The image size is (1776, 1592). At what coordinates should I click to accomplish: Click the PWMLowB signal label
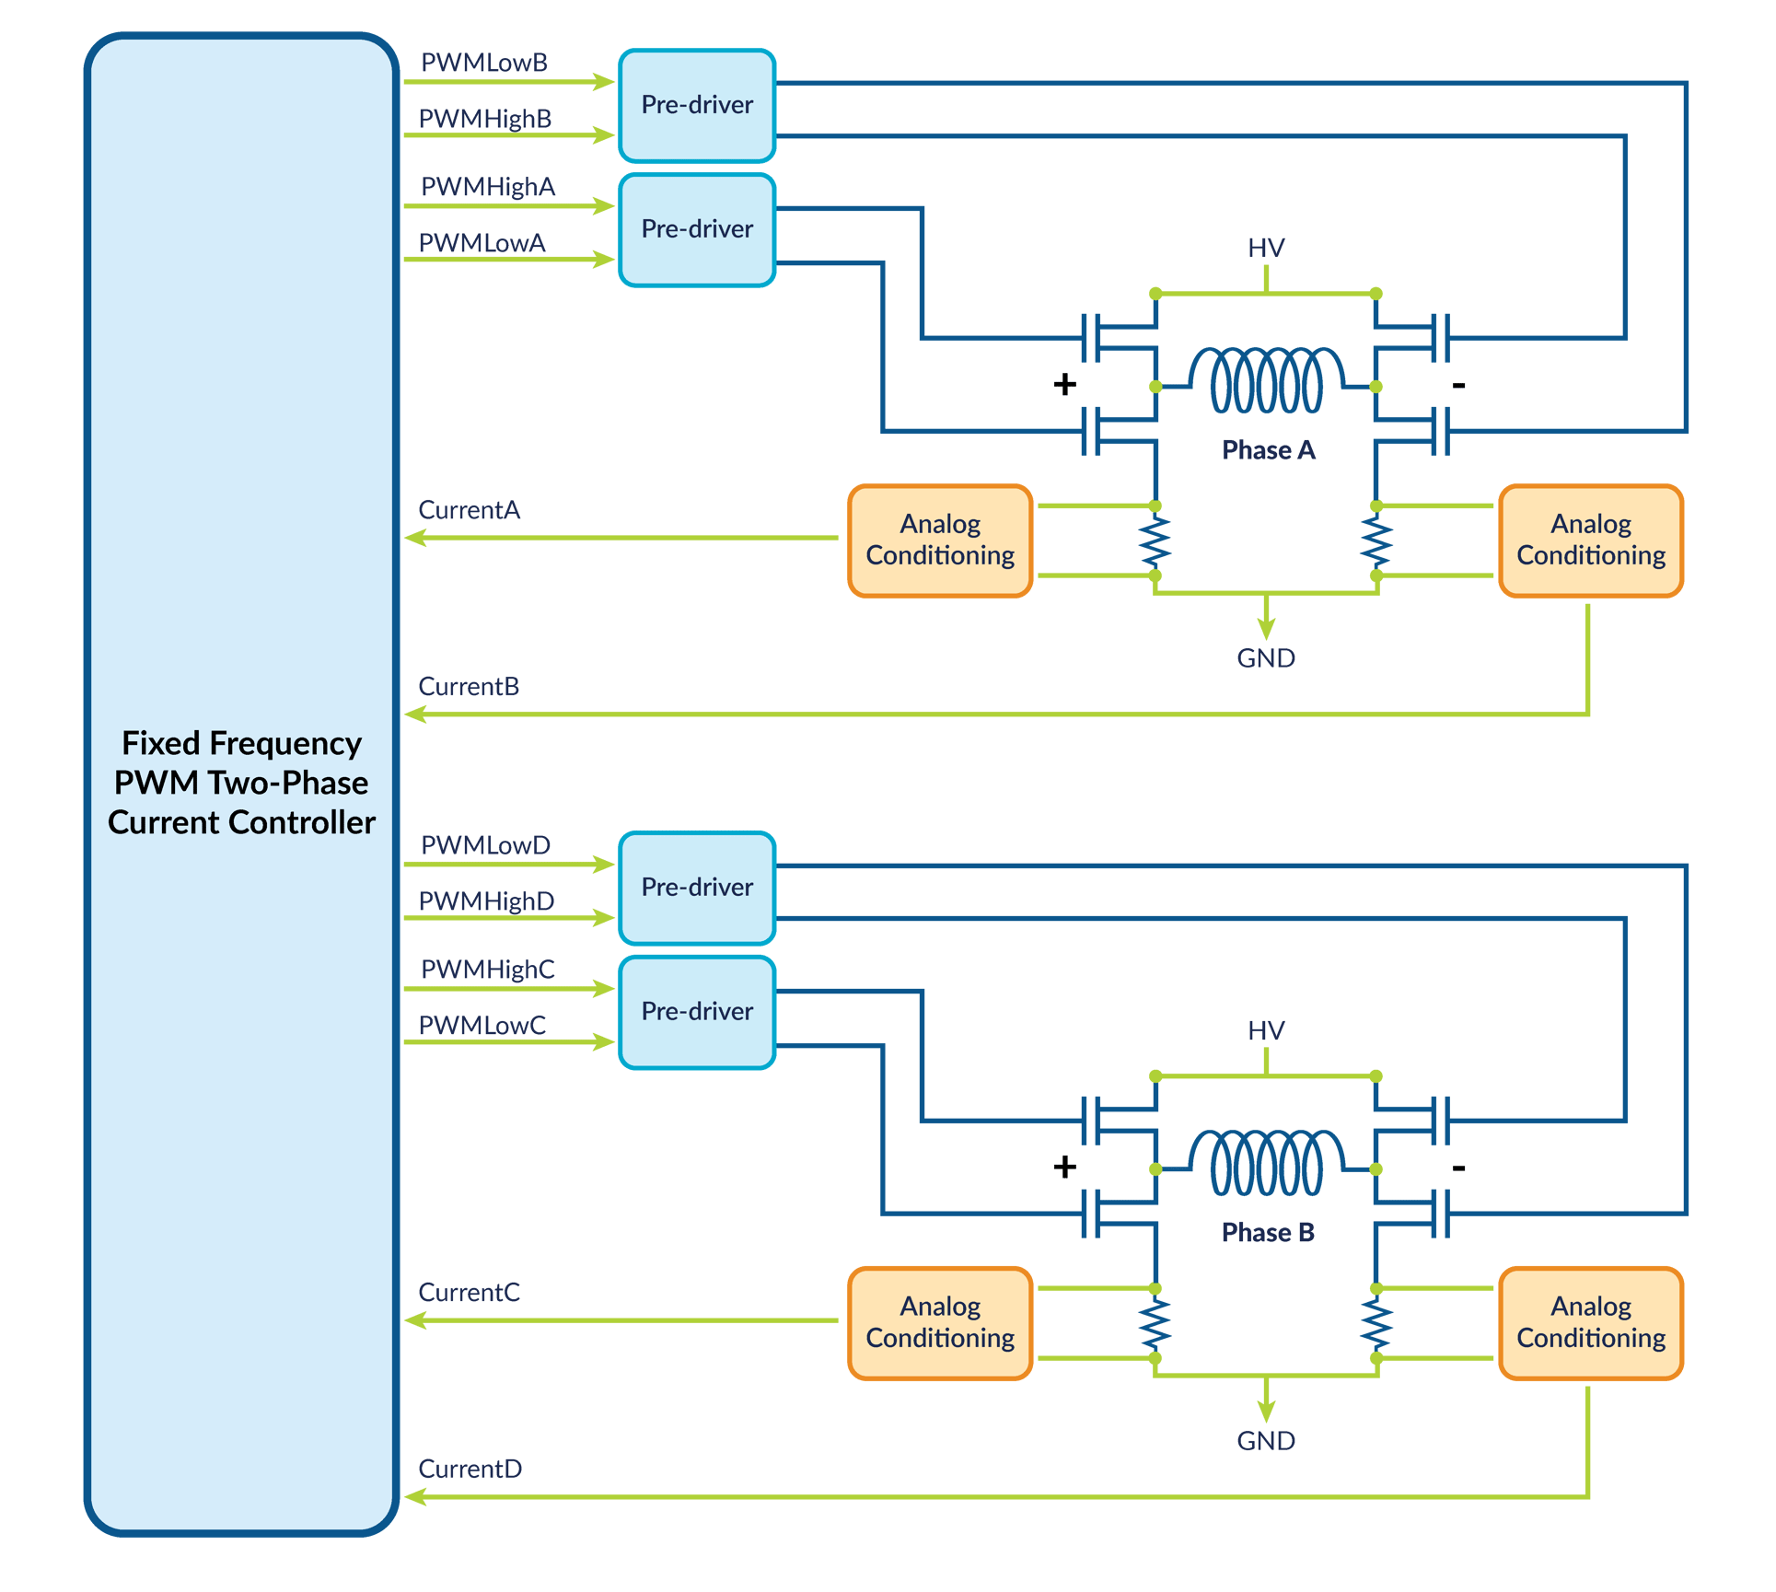point(484,63)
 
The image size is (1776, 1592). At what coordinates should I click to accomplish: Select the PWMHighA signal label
point(488,187)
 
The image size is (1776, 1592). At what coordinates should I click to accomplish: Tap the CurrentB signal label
point(469,687)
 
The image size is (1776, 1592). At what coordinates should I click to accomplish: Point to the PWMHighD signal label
point(486,901)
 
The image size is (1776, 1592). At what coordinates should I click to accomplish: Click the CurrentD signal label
point(470,1470)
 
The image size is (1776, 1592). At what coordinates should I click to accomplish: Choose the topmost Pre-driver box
point(697,105)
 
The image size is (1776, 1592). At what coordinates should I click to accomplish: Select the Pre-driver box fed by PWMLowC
point(697,1012)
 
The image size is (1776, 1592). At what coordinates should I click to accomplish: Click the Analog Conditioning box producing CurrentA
point(940,540)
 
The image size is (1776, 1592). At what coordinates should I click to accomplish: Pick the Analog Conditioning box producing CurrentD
point(1590,1323)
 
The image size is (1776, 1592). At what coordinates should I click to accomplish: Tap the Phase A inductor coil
point(1266,379)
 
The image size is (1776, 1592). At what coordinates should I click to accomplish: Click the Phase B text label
point(1267,1233)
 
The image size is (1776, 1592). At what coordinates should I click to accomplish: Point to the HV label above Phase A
point(1266,249)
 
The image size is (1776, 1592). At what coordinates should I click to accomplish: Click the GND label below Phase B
point(1266,1441)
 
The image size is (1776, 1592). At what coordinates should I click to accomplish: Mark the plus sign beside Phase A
point(1064,384)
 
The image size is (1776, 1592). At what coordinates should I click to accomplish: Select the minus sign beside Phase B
point(1458,1168)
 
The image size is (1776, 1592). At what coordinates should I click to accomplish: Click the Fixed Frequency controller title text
point(241,783)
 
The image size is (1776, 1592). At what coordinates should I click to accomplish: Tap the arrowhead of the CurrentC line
point(414,1320)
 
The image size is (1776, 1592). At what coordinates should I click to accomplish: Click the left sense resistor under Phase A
point(1155,541)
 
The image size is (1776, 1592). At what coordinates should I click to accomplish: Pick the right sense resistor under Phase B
point(1376,1323)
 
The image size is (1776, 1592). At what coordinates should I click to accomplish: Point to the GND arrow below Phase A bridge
point(1266,626)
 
